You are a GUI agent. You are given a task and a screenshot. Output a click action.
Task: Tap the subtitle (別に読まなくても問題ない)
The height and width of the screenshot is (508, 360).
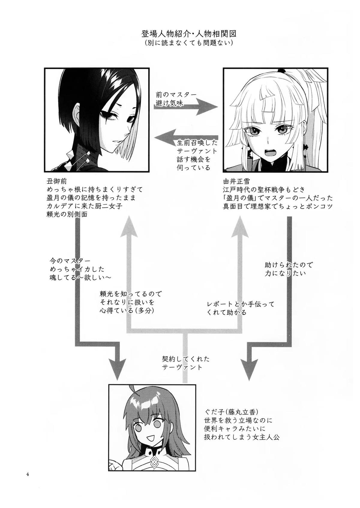pos(189,43)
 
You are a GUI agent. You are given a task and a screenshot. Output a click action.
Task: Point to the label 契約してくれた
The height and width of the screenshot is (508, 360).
pos(185,359)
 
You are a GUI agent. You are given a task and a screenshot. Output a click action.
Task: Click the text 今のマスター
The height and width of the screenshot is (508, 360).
pos(70,260)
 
